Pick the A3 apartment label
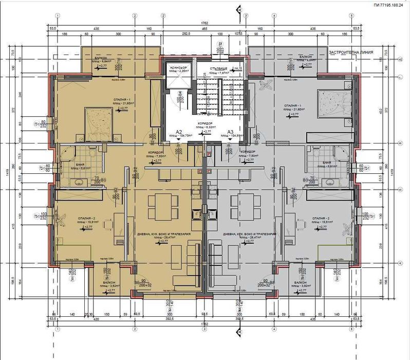[231, 132]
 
